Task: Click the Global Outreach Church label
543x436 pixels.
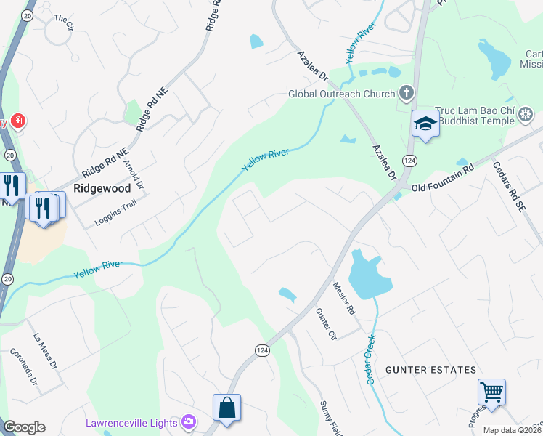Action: [x=341, y=93]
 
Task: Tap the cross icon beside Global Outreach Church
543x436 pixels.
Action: [x=407, y=93]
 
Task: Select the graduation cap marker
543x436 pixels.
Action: [x=425, y=124]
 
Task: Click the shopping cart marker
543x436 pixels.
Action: [x=491, y=392]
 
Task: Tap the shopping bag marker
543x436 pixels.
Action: [x=227, y=408]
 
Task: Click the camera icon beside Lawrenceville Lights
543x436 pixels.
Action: [x=189, y=421]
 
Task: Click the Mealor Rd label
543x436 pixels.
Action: [x=343, y=299]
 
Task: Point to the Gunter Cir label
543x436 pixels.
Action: [x=326, y=324]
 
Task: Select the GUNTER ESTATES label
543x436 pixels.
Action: [x=430, y=370]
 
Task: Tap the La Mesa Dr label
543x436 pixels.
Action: [x=45, y=350]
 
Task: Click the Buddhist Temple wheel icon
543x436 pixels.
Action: [x=526, y=114]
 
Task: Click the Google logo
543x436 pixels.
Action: [x=24, y=427]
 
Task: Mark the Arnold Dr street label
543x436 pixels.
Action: [x=134, y=174]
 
